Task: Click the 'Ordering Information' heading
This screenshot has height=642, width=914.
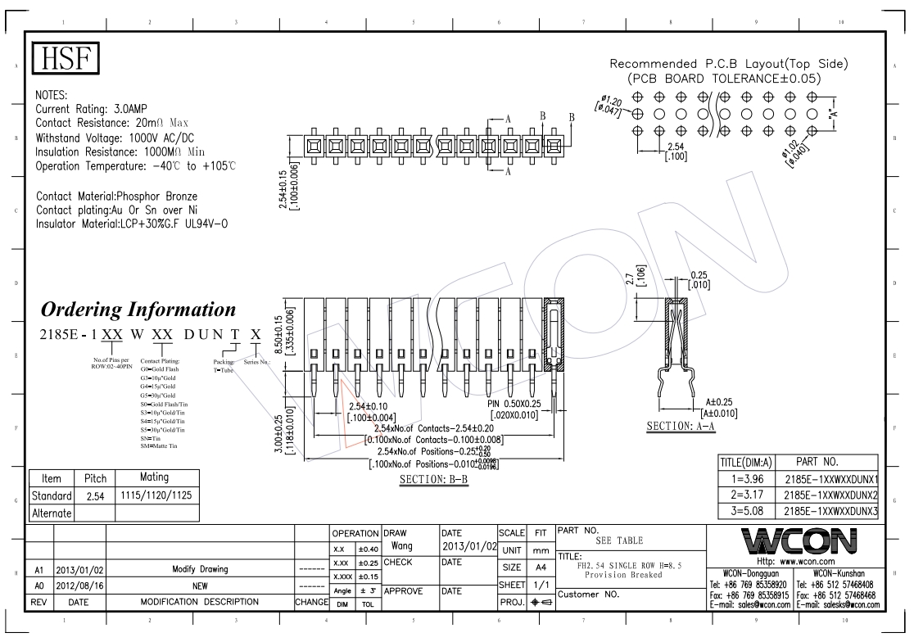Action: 138,310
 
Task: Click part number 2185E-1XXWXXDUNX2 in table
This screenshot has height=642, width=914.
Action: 830,495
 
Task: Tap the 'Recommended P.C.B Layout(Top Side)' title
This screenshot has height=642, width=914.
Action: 729,64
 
